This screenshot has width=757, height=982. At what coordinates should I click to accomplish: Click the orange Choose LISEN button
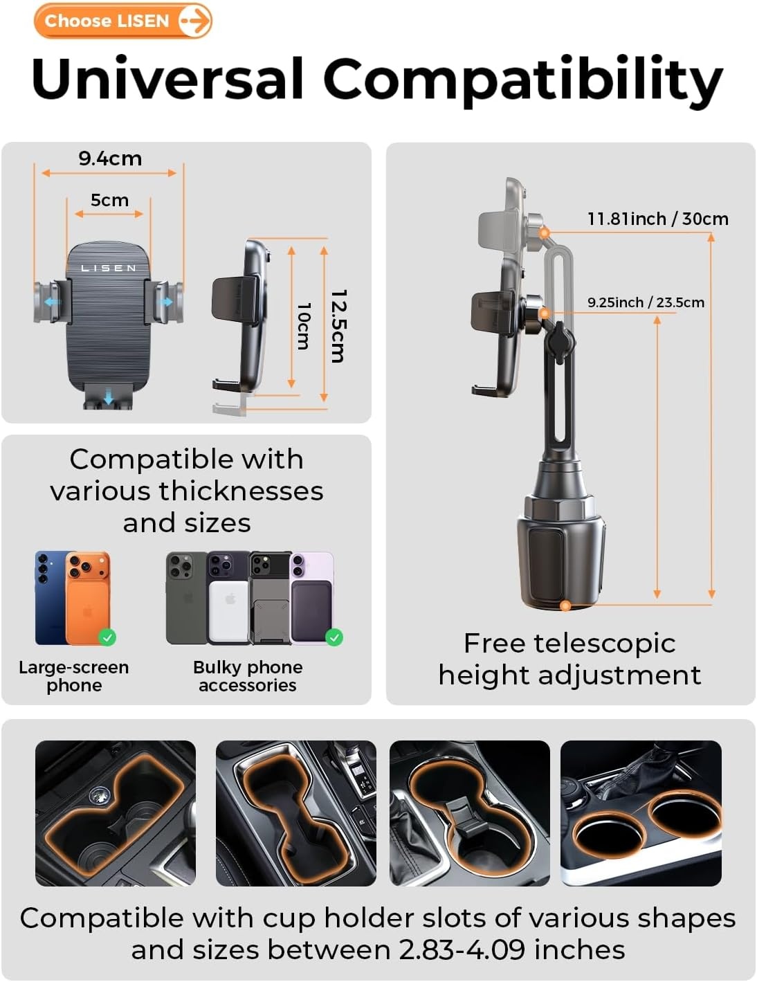[x=123, y=21]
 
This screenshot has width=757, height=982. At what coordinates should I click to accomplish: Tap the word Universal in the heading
[x=167, y=78]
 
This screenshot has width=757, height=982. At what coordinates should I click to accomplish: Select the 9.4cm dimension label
[x=110, y=158]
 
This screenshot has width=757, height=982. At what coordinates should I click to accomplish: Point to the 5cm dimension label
[x=109, y=200]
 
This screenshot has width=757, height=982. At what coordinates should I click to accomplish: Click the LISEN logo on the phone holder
[x=109, y=268]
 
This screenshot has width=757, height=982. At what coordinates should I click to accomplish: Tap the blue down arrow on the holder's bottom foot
[x=109, y=398]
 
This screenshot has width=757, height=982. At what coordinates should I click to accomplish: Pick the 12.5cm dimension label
[x=338, y=326]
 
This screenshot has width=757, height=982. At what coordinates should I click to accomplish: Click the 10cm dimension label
[x=304, y=326]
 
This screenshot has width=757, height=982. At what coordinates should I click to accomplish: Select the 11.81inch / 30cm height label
[x=657, y=219]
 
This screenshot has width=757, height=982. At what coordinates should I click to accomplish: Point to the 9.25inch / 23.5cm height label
[x=646, y=302]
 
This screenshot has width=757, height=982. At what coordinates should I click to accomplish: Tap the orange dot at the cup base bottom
[x=565, y=606]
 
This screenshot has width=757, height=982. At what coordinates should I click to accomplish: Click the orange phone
[x=88, y=597]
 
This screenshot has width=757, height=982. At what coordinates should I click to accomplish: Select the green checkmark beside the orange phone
[x=107, y=637]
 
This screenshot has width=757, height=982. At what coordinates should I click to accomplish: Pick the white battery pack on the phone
[x=229, y=612]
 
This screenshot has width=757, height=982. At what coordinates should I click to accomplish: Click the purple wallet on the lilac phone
[x=311, y=612]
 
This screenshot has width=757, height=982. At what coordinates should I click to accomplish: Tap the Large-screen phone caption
[x=74, y=676]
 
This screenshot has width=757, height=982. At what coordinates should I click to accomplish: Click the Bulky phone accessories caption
[x=248, y=676]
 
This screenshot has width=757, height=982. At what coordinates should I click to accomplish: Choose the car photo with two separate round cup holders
[x=641, y=813]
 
